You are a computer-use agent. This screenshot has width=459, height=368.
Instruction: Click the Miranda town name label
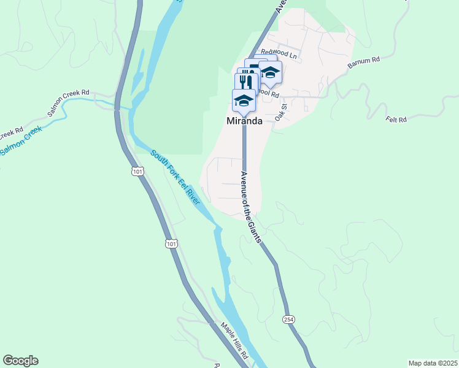(244, 121)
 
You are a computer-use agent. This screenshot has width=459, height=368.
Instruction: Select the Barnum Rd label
(364, 63)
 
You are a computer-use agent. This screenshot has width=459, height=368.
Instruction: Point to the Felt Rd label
(396, 120)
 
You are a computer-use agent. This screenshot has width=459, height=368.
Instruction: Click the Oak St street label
(281, 113)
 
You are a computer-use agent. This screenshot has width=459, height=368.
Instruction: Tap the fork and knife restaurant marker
(245, 82)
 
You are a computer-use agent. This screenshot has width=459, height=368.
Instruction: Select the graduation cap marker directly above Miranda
(244, 100)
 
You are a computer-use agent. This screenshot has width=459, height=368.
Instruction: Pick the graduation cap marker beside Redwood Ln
(270, 72)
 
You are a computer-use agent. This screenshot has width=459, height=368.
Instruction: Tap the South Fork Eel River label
(176, 178)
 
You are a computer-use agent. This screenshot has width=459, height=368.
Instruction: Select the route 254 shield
(288, 320)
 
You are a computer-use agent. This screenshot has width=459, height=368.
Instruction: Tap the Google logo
(20, 361)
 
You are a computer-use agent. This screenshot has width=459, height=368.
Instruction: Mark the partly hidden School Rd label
(269, 94)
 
